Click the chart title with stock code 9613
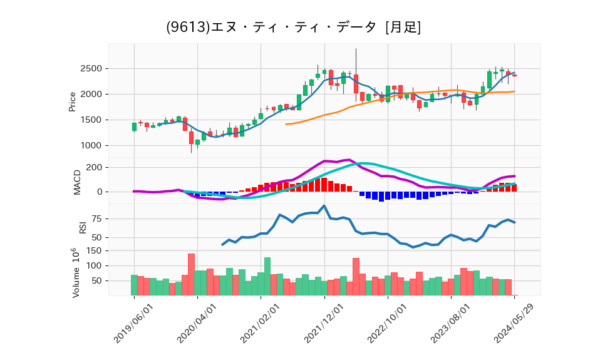coord(293,27)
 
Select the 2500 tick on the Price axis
coord(92,68)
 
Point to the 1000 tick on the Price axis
coord(92,145)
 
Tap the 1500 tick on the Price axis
coord(92,120)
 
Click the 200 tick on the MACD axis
coord(95,167)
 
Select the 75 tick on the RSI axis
coord(96,219)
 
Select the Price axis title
coord(72,101)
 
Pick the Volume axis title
coord(75,272)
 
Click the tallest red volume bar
coord(191,274)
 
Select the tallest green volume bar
coord(267,276)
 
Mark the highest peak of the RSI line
coord(324,205)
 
